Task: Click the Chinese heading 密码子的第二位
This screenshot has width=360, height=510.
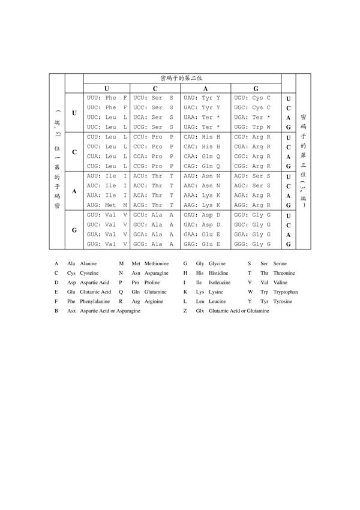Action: coord(181,78)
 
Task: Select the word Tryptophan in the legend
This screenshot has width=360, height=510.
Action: coord(286,292)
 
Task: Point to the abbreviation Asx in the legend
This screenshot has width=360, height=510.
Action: coord(71,312)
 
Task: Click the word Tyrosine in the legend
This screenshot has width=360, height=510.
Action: coord(282,302)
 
